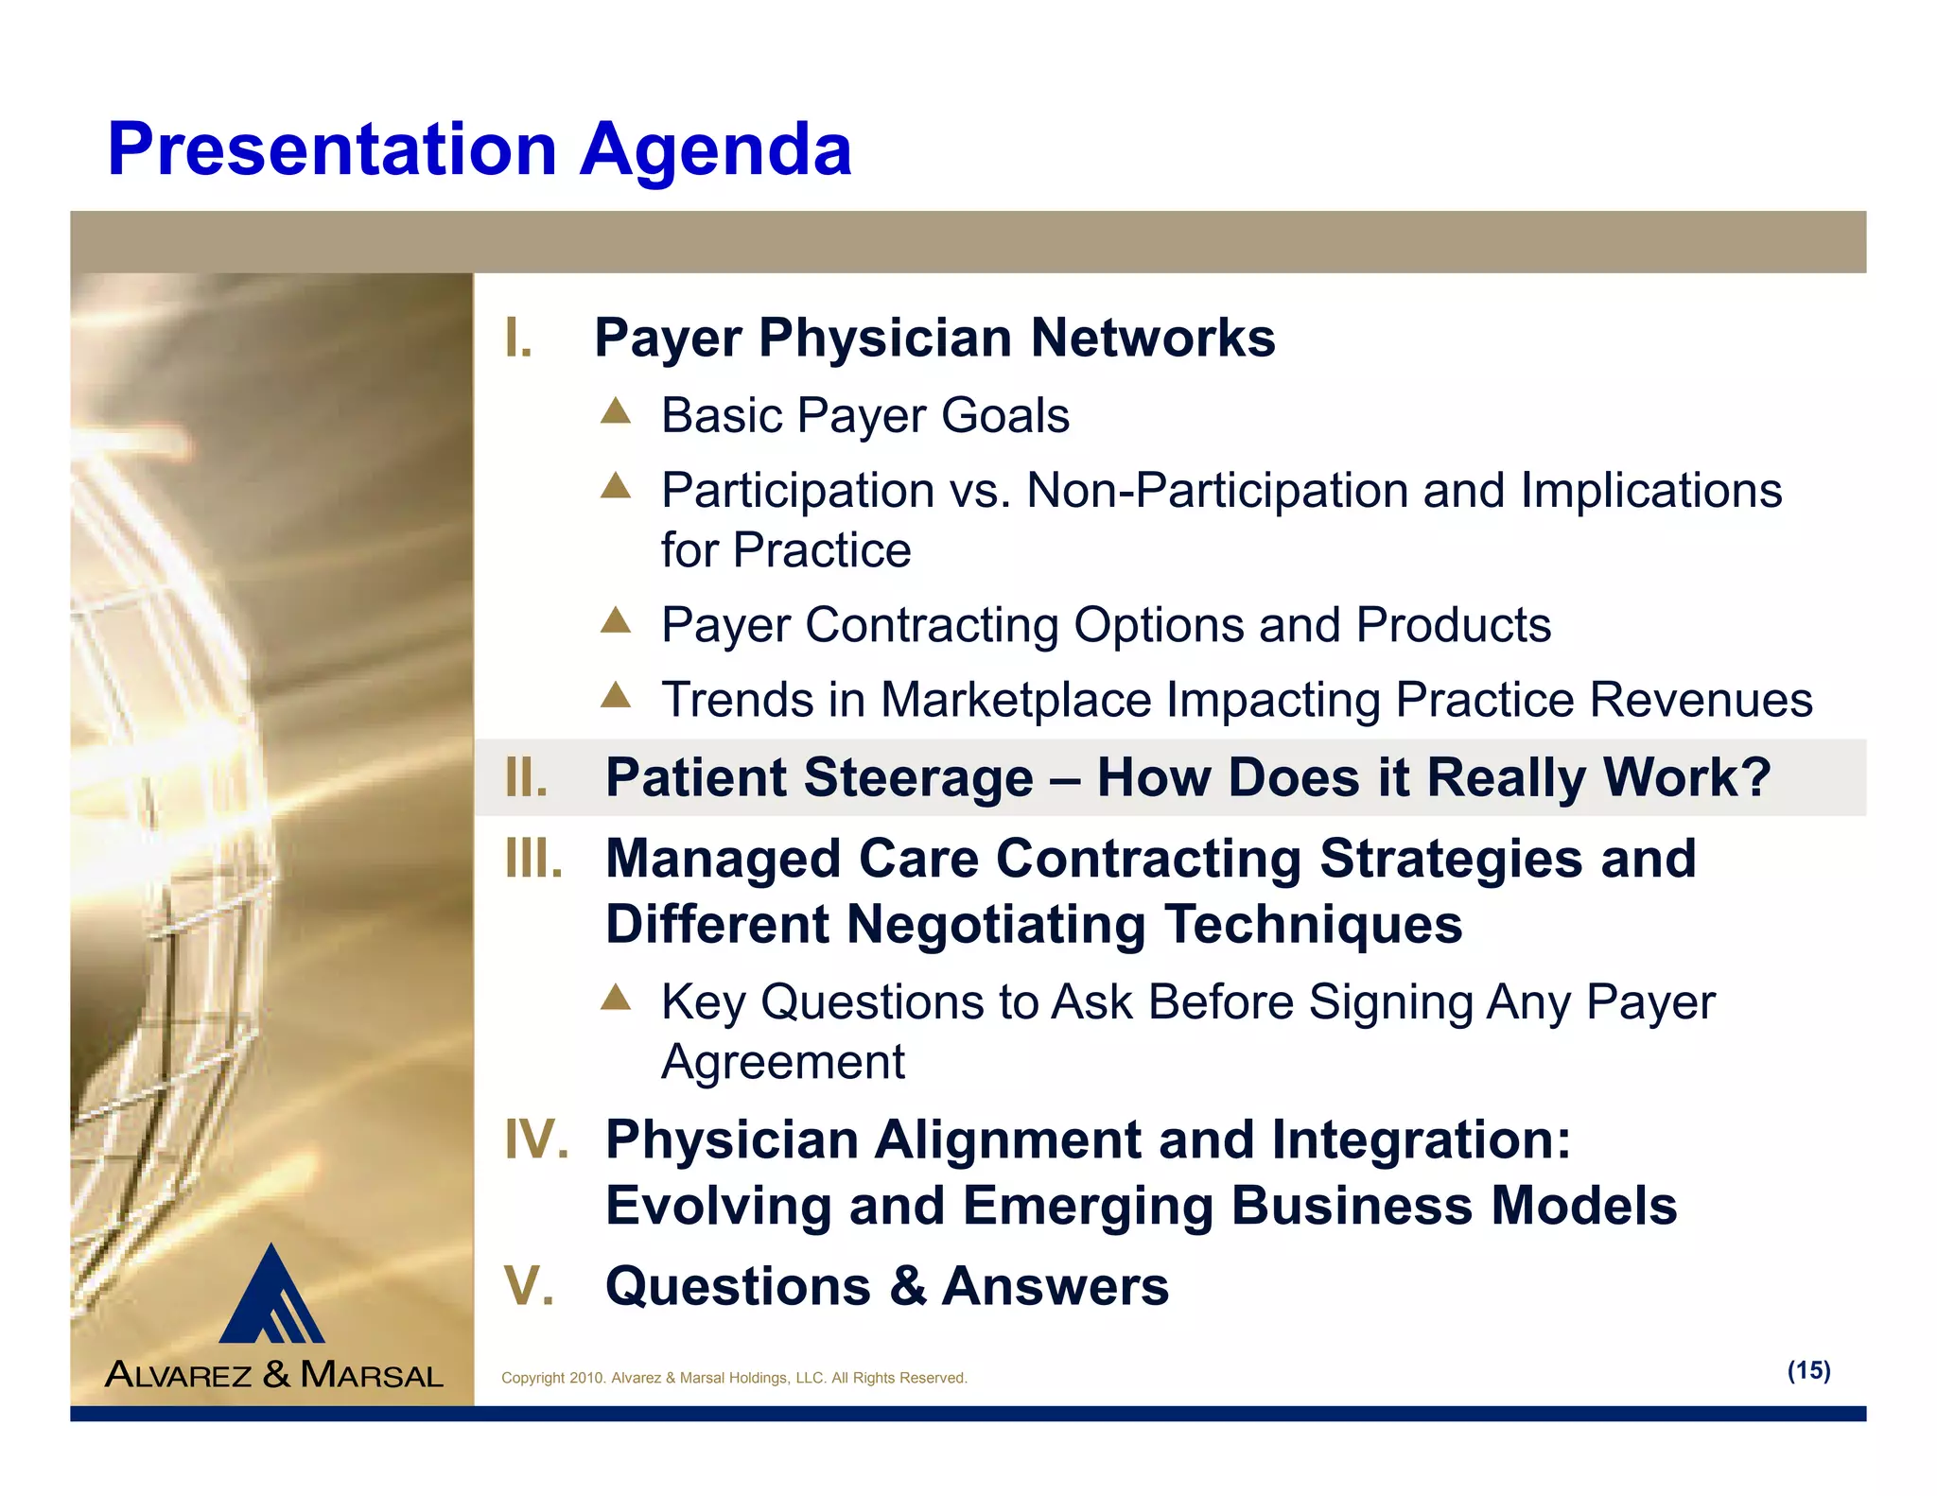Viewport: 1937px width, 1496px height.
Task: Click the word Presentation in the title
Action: pos(331,149)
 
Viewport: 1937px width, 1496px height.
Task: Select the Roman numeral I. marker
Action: pos(518,339)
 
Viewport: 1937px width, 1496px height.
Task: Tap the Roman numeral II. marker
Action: pos(526,777)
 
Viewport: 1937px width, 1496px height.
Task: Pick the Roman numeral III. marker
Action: pos(533,859)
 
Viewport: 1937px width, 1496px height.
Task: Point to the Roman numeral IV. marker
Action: pos(536,1139)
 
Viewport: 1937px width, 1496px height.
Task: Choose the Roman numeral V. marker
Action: pos(529,1286)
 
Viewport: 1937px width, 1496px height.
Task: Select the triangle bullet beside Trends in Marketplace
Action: pos(616,695)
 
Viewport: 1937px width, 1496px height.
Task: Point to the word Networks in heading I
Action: pos(1152,339)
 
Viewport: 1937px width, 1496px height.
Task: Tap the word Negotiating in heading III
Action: pos(995,924)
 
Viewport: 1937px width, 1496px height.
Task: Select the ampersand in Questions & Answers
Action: pos(907,1286)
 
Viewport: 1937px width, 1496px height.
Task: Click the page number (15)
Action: pos(1808,1370)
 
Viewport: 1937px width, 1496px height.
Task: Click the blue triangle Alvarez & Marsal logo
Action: pos(272,1296)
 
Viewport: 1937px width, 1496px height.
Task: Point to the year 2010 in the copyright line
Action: pos(585,1378)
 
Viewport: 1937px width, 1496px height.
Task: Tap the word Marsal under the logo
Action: pos(372,1374)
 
